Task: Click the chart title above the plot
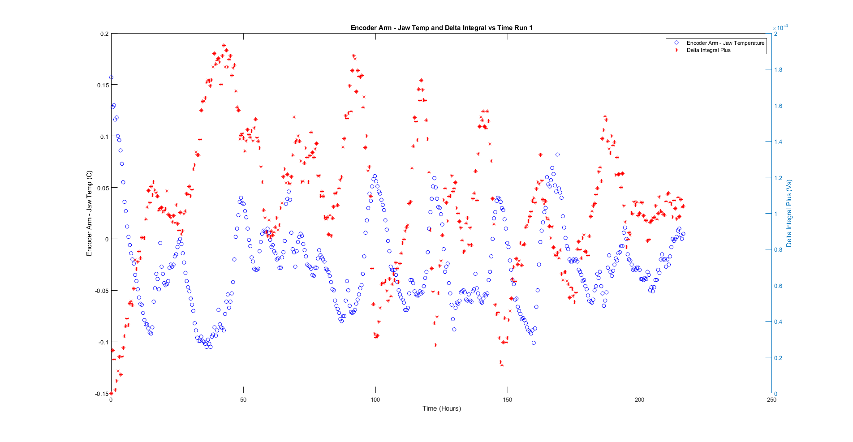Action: pos(441,28)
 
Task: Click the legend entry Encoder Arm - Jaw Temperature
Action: pos(725,43)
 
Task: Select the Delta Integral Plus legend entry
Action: pos(708,50)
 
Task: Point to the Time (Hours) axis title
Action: pos(441,408)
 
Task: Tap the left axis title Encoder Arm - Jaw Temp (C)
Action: pos(89,214)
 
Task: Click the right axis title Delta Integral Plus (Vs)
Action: pos(789,214)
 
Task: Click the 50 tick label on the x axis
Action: pos(243,400)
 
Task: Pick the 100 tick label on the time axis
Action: pos(375,400)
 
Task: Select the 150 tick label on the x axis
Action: pos(508,400)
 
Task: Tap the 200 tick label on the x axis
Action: pos(639,400)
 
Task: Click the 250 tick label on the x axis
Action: pos(771,400)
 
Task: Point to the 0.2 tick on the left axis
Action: pos(104,34)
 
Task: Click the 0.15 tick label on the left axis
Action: pos(103,85)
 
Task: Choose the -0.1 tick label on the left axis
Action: pos(103,342)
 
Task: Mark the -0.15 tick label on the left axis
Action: pos(102,394)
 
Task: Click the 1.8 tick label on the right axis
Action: pos(779,70)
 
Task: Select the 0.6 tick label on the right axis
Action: pos(779,286)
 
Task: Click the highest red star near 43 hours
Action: pos(224,46)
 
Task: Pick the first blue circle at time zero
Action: pos(111,77)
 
